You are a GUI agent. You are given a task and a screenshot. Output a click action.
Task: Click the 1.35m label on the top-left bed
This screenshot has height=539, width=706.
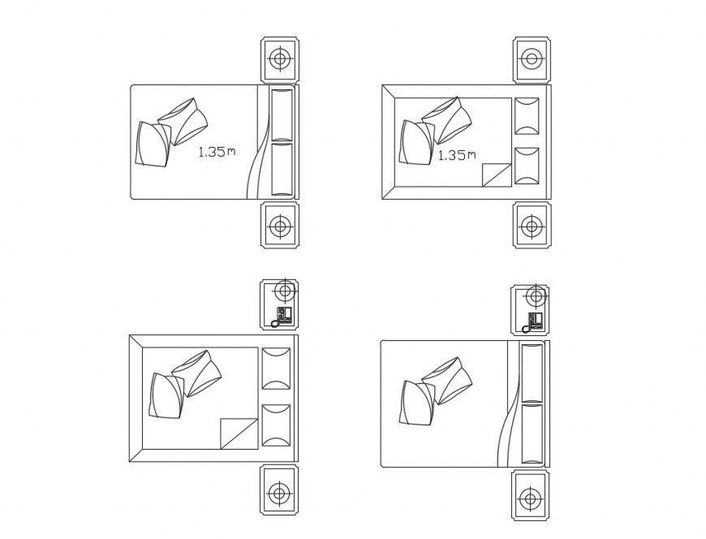[x=217, y=151]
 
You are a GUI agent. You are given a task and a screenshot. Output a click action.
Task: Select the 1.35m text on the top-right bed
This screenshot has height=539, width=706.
[x=457, y=154]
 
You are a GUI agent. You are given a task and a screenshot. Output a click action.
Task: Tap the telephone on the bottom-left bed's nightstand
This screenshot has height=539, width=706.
[x=283, y=316]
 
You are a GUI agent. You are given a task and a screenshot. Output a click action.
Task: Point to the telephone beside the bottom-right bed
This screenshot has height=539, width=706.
[x=534, y=320]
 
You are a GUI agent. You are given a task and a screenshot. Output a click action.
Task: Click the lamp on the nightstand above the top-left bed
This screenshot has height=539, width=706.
[x=280, y=58]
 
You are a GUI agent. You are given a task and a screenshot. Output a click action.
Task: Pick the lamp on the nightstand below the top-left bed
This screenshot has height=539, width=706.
[x=280, y=225]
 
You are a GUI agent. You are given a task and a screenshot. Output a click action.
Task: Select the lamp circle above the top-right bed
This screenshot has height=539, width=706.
[x=532, y=58]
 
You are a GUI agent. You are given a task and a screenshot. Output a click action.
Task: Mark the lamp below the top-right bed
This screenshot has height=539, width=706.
[x=532, y=225]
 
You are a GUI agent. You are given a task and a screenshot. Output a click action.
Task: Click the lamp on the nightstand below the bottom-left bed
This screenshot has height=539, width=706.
[x=279, y=492]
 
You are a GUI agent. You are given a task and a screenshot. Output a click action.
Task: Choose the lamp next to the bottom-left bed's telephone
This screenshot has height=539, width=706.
[x=283, y=290]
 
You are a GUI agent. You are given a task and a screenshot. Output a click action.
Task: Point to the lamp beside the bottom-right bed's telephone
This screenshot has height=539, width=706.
[x=535, y=294]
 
